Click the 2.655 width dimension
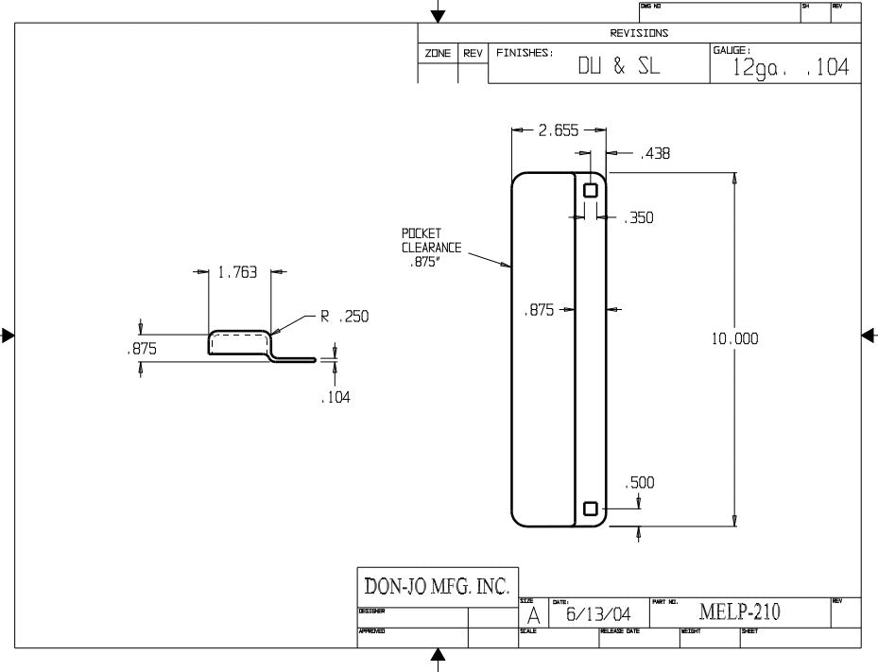pyautogui.click(x=559, y=131)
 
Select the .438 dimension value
pyautogui.click(x=654, y=153)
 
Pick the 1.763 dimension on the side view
pyautogui.click(x=237, y=272)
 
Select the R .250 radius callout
pyautogui.click(x=344, y=317)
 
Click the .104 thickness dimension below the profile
pyautogui.click(x=335, y=398)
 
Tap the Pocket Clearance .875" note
pyautogui.click(x=431, y=249)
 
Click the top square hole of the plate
pyautogui.click(x=591, y=190)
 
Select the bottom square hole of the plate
pyautogui.click(x=591, y=508)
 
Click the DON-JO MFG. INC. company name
pyautogui.click(x=437, y=586)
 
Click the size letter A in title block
pyautogui.click(x=533, y=614)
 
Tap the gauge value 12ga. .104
pyautogui.click(x=790, y=68)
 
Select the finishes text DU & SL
pyautogui.click(x=620, y=67)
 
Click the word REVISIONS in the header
pyautogui.click(x=639, y=33)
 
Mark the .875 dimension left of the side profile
pyautogui.click(x=142, y=349)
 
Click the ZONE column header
pyautogui.click(x=438, y=54)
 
